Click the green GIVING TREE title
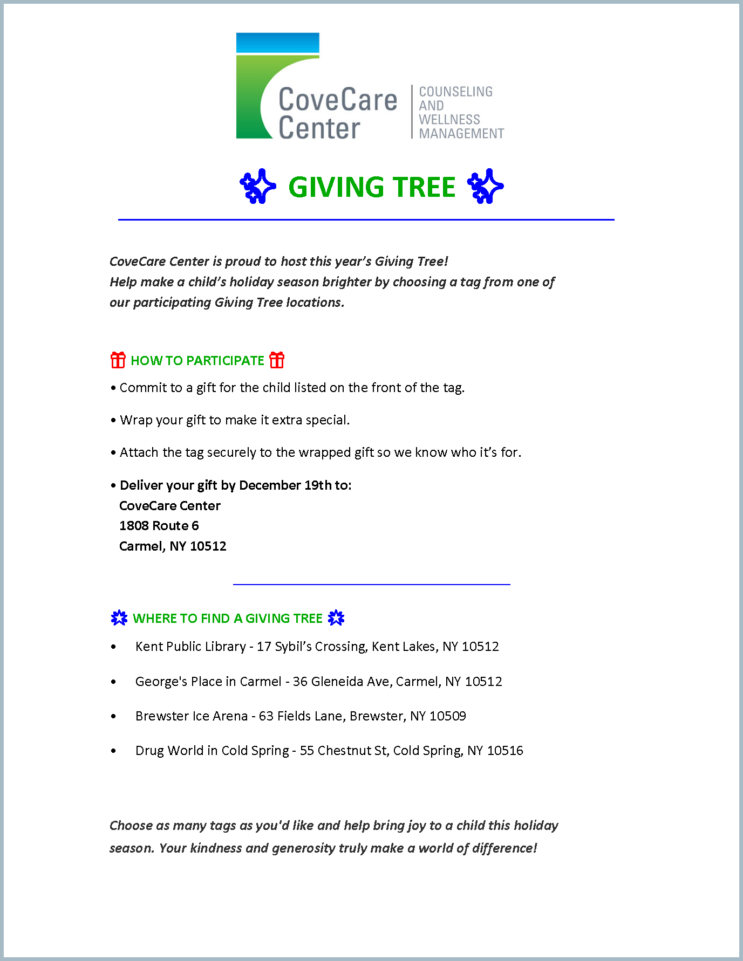(372, 187)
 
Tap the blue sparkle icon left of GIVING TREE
(257, 186)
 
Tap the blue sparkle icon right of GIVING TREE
(485, 186)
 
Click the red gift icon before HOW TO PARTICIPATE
(118, 360)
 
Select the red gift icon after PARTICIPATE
(277, 360)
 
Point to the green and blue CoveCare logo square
(259, 86)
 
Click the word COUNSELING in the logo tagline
(455, 92)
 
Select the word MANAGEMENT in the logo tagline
(461, 133)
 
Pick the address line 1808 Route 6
(159, 525)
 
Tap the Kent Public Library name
(190, 646)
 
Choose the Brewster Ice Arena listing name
(191, 716)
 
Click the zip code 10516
(505, 750)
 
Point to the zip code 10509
(447, 716)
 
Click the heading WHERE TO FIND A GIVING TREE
(227, 618)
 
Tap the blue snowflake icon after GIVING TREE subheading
(336, 617)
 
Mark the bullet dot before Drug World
(113, 751)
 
